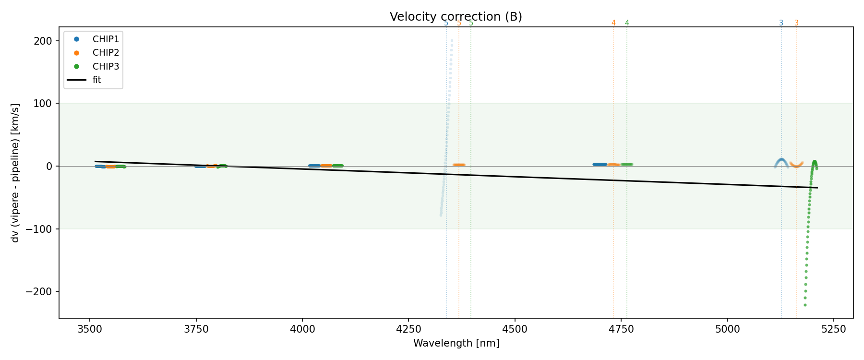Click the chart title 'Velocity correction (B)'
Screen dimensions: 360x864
[456, 17]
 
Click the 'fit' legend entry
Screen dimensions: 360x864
[96, 80]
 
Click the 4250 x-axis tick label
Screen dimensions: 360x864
[408, 329]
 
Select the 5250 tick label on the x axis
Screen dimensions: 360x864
[833, 329]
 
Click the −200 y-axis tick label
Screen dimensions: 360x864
[41, 292]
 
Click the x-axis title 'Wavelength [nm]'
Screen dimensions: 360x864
[456, 344]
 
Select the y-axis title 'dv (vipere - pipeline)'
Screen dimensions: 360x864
[16, 173]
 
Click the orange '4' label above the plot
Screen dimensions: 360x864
[613, 23]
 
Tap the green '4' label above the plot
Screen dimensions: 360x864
[627, 23]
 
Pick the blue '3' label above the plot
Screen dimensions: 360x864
[781, 23]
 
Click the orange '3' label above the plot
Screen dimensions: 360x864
[796, 23]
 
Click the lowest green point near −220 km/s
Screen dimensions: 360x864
[805, 305]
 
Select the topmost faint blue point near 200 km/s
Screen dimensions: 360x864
[452, 41]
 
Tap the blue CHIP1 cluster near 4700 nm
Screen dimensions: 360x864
[600, 164]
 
